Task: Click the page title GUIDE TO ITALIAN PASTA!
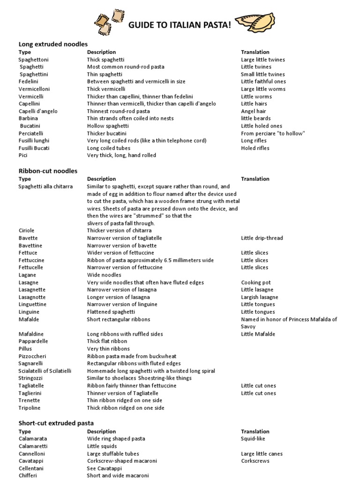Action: (180, 25)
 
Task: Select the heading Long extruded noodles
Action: (53, 44)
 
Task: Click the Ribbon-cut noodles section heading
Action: (48, 171)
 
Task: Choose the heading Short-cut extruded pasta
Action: (56, 423)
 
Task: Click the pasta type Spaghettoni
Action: (33, 60)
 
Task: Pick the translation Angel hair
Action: (254, 111)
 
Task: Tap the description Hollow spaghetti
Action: (108, 126)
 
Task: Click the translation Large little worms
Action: (263, 89)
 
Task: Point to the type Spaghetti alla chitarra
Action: (45, 187)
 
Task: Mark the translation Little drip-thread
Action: (262, 238)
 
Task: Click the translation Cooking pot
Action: (256, 283)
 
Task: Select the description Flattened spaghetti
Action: (111, 312)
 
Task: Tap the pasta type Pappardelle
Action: (33, 341)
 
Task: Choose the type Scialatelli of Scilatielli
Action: (45, 371)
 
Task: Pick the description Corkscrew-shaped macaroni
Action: (122, 461)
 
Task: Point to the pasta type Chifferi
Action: (29, 475)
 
